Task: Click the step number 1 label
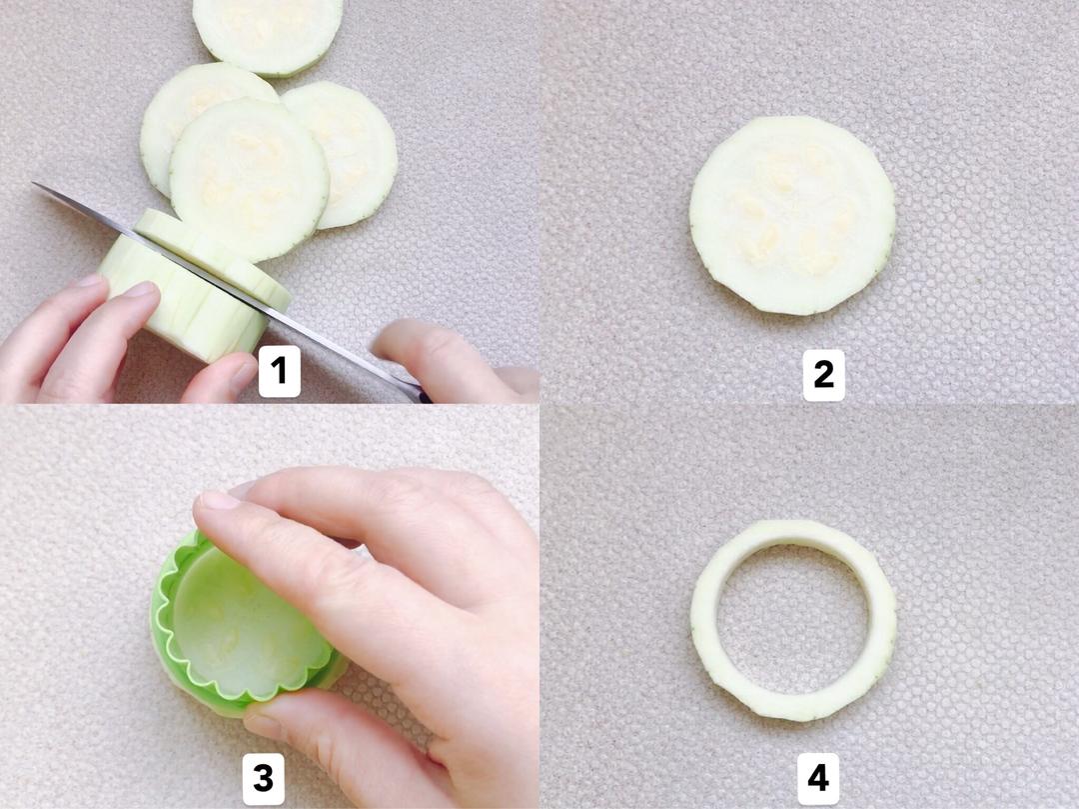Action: coord(280,372)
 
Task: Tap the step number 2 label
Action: coord(823,375)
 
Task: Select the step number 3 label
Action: coord(264,778)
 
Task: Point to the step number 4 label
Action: coord(818,779)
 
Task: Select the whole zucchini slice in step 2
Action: coord(792,215)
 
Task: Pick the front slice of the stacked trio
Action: coord(249,179)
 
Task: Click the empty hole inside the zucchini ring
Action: coord(792,620)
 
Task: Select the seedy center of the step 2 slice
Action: coord(792,217)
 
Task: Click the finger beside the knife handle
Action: coord(448,358)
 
